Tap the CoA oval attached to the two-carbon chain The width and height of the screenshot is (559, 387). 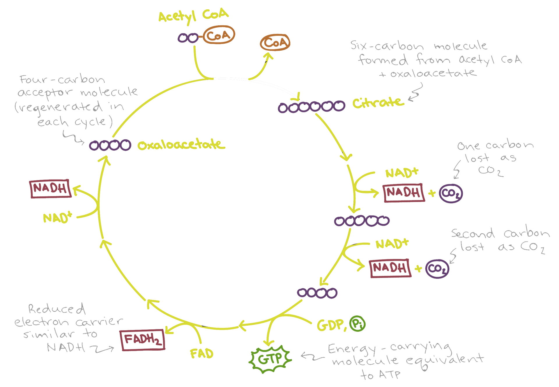click(219, 35)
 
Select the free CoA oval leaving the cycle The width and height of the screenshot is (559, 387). click(275, 42)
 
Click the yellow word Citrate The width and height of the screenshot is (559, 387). click(378, 103)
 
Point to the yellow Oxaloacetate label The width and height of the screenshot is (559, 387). click(181, 145)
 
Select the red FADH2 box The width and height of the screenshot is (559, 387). click(142, 340)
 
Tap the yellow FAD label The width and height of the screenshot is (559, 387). click(202, 354)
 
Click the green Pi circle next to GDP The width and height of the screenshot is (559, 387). click(357, 324)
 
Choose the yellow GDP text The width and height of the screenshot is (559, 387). click(330, 325)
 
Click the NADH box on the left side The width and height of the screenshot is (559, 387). click(50, 189)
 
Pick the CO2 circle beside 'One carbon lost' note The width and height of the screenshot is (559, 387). click(451, 193)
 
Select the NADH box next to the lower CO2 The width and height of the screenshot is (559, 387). click(390, 268)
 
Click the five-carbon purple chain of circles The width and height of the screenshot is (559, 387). click(362, 221)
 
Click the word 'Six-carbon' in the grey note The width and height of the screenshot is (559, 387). click(387, 46)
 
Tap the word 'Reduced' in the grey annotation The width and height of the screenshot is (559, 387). click(56, 309)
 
